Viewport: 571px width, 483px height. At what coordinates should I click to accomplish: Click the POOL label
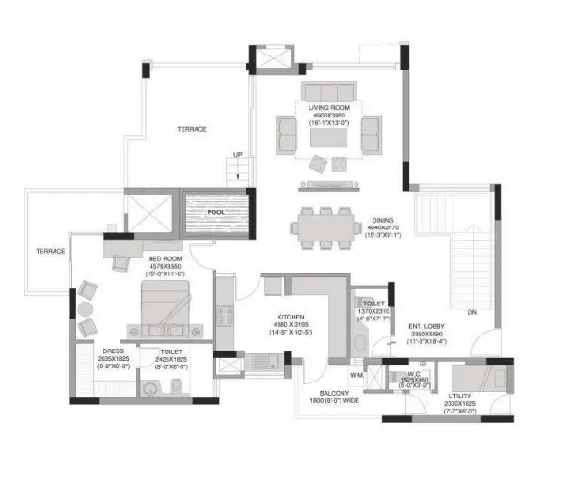click(x=218, y=213)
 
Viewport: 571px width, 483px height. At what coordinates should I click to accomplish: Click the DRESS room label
click(x=112, y=351)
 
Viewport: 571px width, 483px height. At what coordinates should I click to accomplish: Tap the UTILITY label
click(x=462, y=395)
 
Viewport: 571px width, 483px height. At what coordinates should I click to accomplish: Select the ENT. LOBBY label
click(x=426, y=327)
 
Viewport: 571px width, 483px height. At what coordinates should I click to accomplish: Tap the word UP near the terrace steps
click(x=239, y=155)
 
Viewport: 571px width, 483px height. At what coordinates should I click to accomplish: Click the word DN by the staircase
click(x=469, y=312)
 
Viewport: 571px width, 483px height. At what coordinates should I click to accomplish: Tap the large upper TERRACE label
click(x=191, y=129)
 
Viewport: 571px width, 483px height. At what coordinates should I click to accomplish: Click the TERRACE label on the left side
click(x=50, y=251)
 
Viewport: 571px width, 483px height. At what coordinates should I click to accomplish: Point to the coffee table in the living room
click(x=330, y=138)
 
